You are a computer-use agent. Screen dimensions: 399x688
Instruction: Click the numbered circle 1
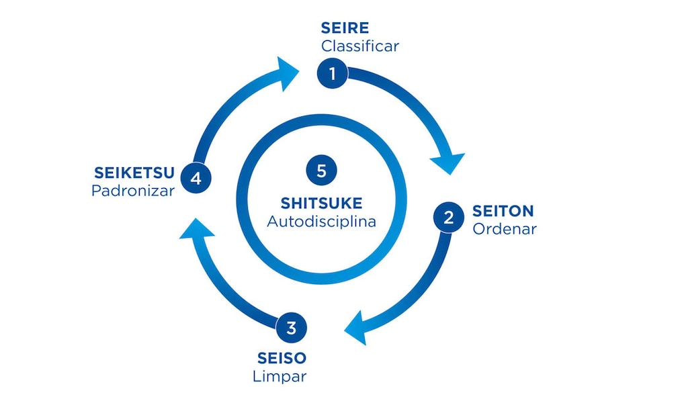pos(332,73)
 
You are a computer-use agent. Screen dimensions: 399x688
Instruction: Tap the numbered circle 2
pos(448,218)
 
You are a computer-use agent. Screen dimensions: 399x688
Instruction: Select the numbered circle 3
pos(291,328)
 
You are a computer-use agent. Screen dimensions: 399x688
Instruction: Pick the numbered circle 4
pos(196,179)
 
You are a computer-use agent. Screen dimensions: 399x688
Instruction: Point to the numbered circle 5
pos(321,171)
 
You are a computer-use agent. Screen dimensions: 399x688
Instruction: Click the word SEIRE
pos(345,28)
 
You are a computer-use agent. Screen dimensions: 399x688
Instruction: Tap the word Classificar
pos(359,46)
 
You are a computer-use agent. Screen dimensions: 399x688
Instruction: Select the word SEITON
pos(503,211)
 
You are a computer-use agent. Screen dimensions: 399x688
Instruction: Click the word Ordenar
pos(504,229)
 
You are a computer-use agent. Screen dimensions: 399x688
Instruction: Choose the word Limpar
pos(279,376)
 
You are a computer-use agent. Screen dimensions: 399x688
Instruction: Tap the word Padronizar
pos(133,191)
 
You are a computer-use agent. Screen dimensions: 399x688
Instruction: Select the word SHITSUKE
pos(321,203)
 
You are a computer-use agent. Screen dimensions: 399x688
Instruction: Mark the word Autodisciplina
pos(321,221)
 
